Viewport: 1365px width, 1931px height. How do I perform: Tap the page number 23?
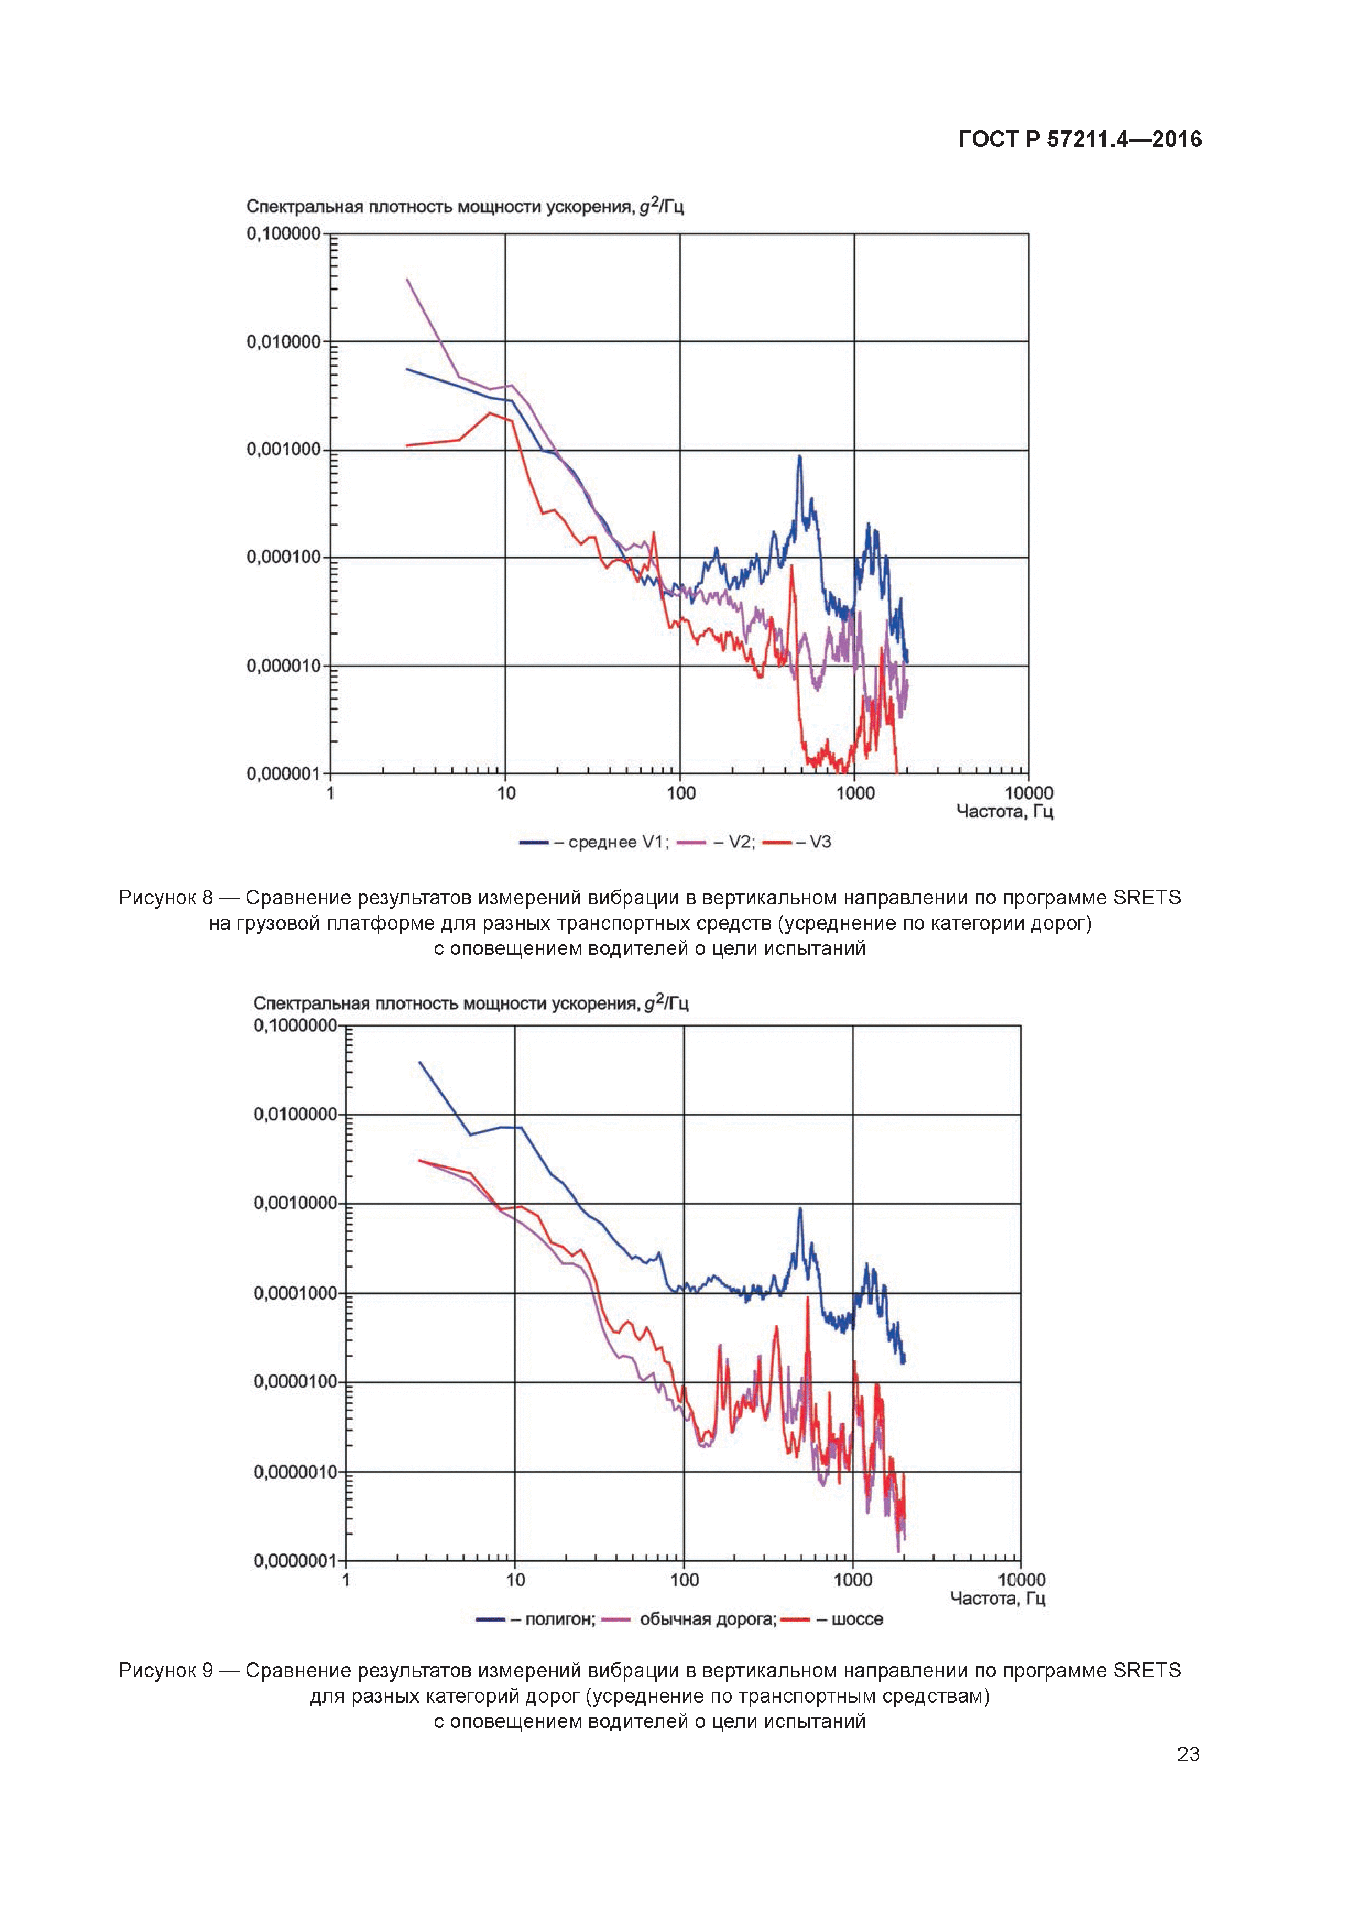(1188, 1754)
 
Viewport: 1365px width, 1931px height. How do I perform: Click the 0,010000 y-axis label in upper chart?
(283, 341)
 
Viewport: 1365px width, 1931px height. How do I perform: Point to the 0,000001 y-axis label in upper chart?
(283, 773)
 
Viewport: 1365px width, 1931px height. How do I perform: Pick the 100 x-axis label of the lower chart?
(685, 1579)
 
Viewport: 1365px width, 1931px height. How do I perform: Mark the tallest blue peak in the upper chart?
(800, 457)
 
